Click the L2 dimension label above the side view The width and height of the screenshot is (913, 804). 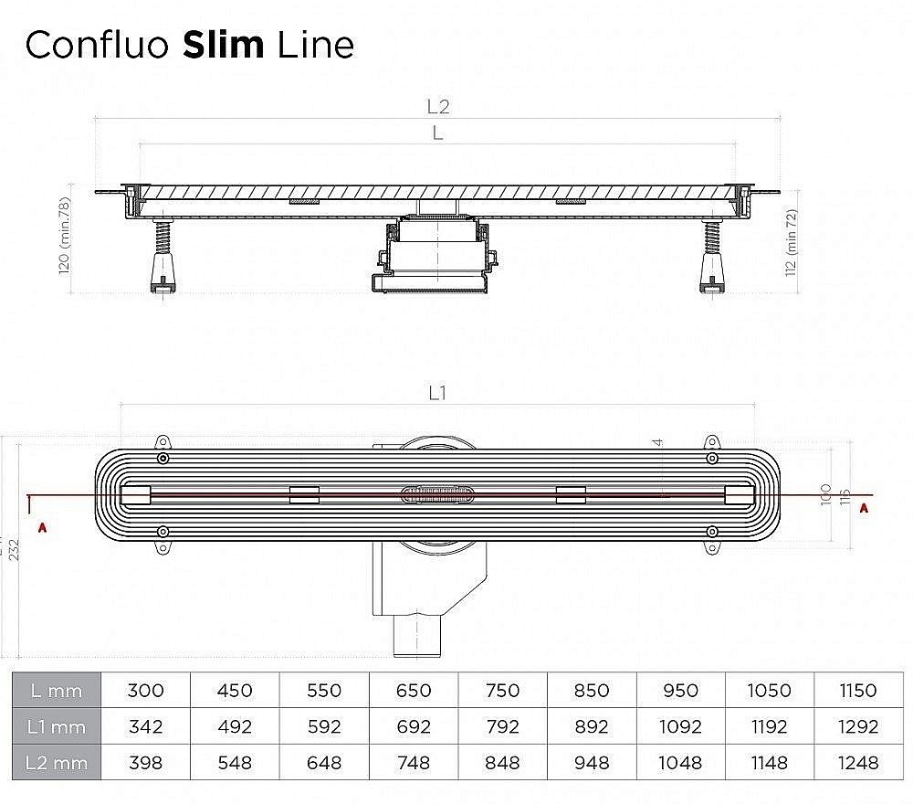pyautogui.click(x=438, y=106)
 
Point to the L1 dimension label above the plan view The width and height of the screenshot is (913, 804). pyautogui.click(x=437, y=393)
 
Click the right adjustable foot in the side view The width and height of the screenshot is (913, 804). pyautogui.click(x=711, y=261)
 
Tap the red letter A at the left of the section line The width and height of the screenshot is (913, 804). pyautogui.click(x=41, y=527)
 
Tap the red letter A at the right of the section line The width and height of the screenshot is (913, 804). pyautogui.click(x=863, y=510)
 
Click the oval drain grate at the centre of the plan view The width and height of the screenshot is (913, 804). pyautogui.click(x=437, y=494)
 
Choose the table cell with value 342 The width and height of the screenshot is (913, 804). pyautogui.click(x=146, y=727)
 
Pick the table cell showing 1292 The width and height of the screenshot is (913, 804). pyautogui.click(x=858, y=727)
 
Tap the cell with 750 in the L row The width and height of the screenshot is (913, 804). pyautogui.click(x=502, y=692)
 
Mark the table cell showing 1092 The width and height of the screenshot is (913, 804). pyautogui.click(x=680, y=727)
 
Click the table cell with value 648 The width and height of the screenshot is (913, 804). pyautogui.click(x=324, y=762)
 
